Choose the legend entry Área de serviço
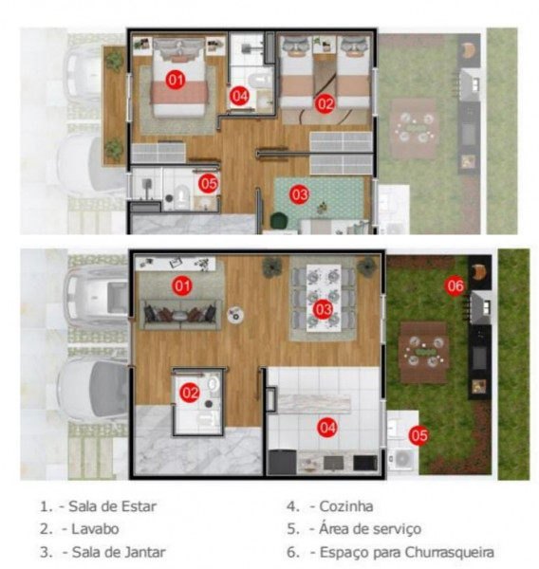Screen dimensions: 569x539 tap(371, 529)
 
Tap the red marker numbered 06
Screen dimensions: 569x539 tap(455, 284)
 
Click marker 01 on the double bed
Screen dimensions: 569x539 tap(175, 80)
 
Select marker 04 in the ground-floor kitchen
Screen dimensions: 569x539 tap(327, 428)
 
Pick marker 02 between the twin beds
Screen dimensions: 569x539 tap(325, 101)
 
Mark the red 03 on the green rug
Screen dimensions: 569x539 tap(300, 194)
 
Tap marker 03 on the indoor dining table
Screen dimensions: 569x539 tap(323, 308)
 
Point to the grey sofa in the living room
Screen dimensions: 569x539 tap(180, 314)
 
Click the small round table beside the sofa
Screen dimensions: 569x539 tap(236, 315)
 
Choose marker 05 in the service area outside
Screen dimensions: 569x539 tap(418, 435)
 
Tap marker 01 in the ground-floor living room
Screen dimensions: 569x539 tap(180, 284)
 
